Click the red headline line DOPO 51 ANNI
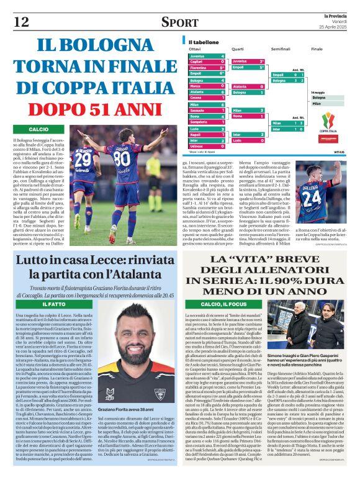(x=91, y=106)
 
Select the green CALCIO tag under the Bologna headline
(x=38, y=129)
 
